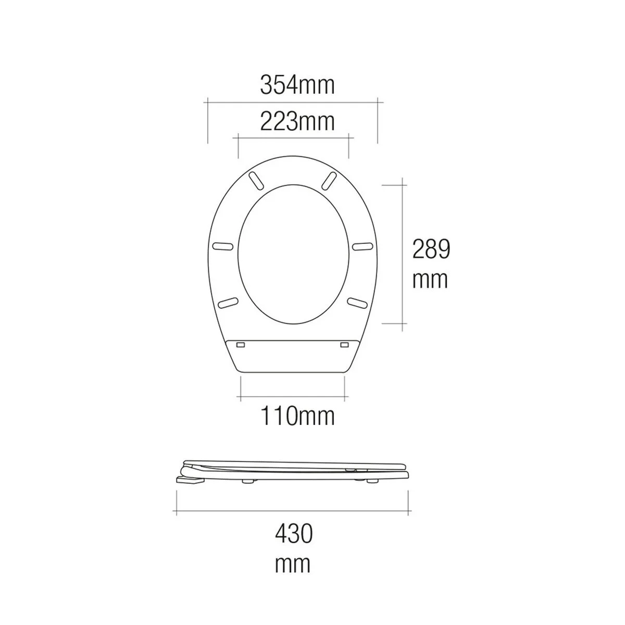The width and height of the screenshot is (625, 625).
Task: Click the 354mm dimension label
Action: coord(297,85)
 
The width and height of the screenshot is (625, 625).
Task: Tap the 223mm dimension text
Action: coord(297,122)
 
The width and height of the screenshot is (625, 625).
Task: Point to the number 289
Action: coord(431,250)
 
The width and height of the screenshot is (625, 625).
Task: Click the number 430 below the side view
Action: coord(293,534)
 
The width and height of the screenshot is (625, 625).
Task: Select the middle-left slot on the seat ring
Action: coord(224,246)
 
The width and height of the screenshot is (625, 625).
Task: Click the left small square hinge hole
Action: coord(241,345)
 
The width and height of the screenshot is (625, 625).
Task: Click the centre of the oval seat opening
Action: coord(293,252)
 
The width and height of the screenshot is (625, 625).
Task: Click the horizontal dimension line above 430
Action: coord(293,512)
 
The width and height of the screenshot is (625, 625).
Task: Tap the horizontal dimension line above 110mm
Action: coord(293,398)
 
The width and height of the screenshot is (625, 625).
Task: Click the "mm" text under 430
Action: coord(293,564)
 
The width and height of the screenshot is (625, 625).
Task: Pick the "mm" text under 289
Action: coord(430,280)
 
